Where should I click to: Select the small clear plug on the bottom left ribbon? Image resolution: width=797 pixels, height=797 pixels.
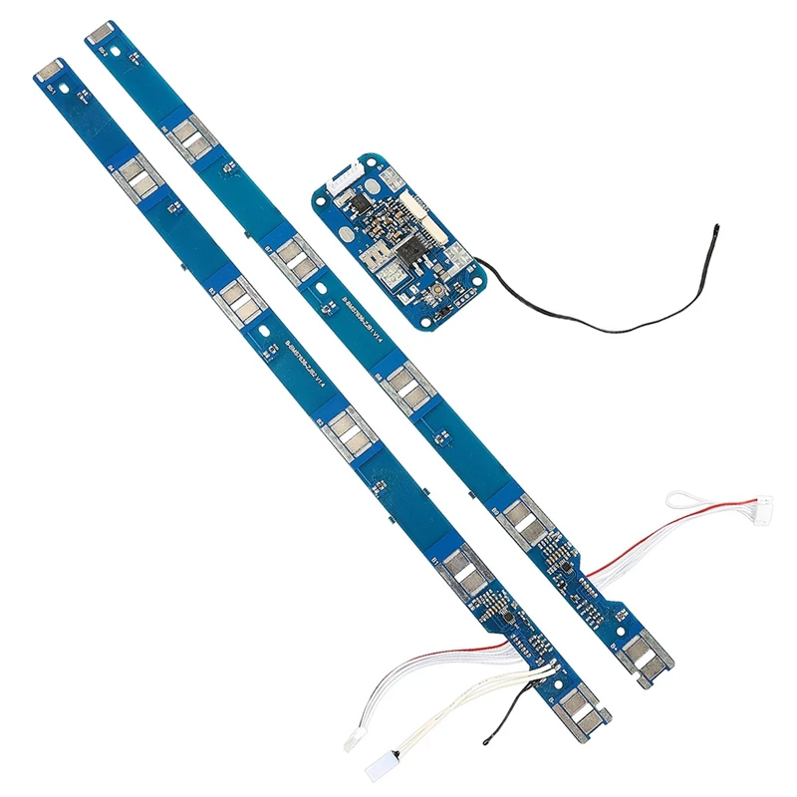(x=353, y=741)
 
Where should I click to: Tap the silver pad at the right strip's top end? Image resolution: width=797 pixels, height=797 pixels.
(x=101, y=33)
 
